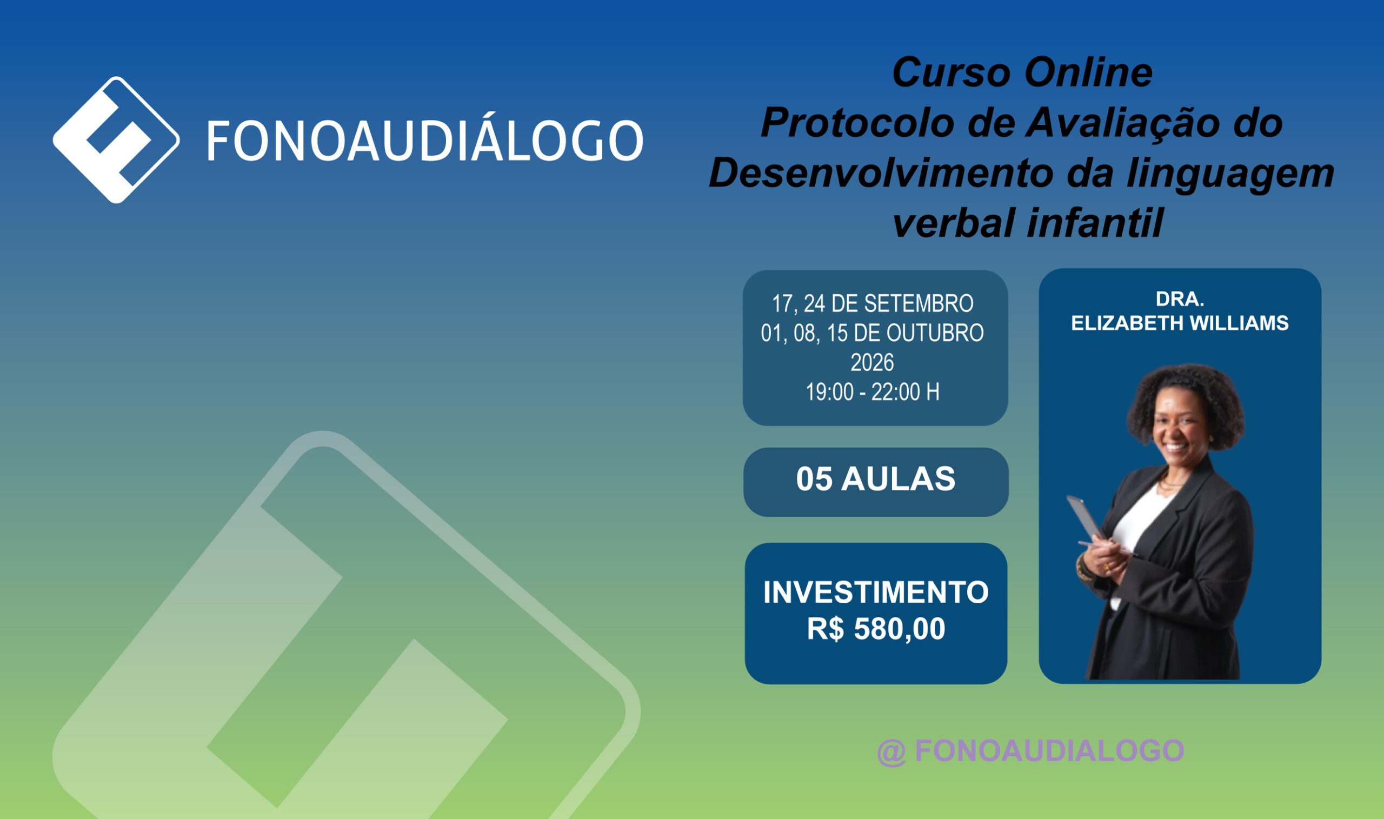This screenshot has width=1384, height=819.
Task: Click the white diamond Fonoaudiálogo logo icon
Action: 116,140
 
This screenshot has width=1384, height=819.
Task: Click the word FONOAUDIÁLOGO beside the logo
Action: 425,141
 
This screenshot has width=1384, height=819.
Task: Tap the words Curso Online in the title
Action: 1022,73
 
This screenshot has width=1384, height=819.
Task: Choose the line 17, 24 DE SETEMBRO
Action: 873,303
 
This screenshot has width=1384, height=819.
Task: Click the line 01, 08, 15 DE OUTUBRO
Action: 873,334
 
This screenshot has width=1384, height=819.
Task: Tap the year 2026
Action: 873,363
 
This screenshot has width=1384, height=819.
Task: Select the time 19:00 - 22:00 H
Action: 873,392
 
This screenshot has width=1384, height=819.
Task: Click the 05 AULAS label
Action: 876,479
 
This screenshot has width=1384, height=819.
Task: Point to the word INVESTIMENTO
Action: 876,592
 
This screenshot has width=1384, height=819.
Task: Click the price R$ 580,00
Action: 876,629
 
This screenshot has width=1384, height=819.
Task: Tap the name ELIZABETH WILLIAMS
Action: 1180,323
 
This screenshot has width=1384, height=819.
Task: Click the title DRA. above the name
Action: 1180,299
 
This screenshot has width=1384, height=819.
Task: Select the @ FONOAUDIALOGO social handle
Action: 1030,751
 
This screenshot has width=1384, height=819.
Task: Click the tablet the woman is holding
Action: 1086,519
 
